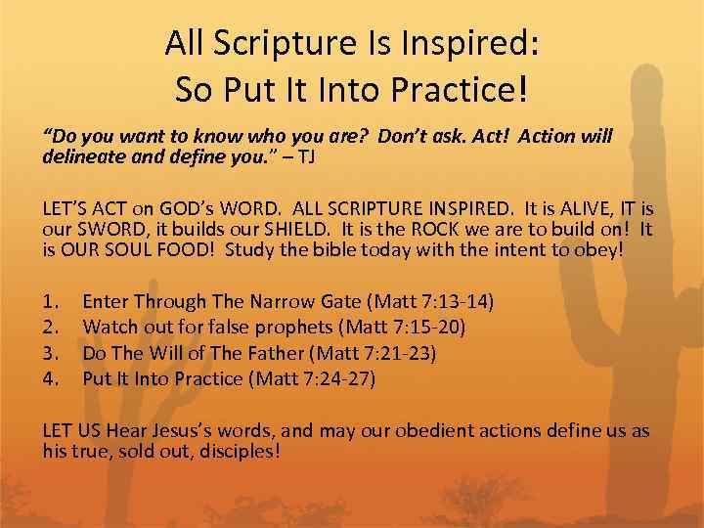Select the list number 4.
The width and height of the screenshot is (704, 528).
point(52,377)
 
